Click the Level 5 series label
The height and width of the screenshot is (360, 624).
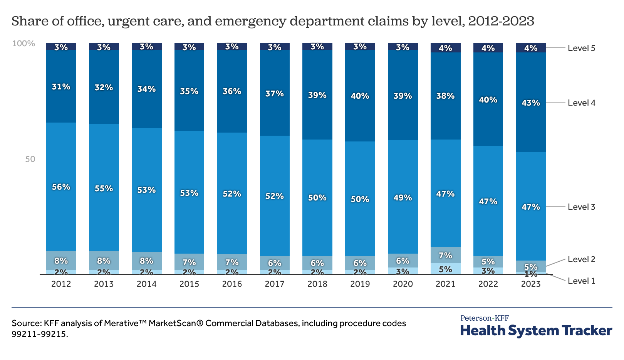[581, 48]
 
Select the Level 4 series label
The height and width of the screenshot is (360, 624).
[581, 103]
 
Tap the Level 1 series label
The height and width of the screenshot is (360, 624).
[581, 281]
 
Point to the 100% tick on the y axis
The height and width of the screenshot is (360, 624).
[23, 44]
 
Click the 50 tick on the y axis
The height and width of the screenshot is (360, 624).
[30, 159]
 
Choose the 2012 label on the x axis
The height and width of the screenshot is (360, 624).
[61, 284]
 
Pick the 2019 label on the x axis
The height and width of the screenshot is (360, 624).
[360, 284]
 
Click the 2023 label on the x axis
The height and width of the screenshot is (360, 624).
[531, 284]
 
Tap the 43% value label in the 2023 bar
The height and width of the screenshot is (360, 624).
[531, 103]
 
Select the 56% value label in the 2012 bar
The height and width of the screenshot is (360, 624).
[61, 187]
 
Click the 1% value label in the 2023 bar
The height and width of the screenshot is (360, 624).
[531, 274]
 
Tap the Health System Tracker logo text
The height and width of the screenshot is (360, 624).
[536, 331]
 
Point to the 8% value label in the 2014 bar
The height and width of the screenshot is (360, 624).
[146, 261]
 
